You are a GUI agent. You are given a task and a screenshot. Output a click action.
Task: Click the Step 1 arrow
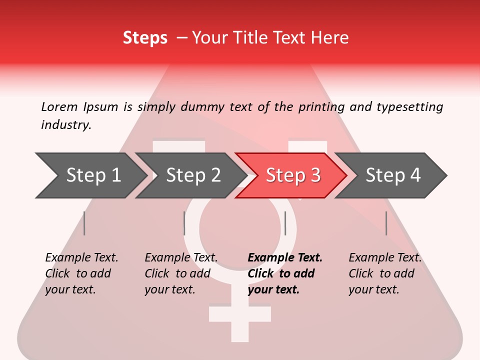(x=90, y=175)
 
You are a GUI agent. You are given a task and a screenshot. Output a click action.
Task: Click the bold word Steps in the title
(x=145, y=37)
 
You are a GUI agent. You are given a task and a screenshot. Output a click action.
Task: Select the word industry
(x=66, y=124)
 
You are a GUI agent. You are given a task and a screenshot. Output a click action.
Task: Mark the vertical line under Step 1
(x=84, y=223)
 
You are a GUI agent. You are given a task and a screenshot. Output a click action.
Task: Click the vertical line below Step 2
(x=184, y=223)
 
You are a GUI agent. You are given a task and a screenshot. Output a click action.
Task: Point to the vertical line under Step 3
(x=285, y=223)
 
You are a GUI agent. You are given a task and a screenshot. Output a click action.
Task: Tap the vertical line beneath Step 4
(x=386, y=223)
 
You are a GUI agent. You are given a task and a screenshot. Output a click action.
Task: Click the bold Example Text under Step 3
(x=285, y=257)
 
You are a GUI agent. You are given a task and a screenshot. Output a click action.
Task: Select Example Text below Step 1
(x=81, y=257)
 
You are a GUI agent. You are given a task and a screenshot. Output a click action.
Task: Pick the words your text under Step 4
(x=373, y=289)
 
